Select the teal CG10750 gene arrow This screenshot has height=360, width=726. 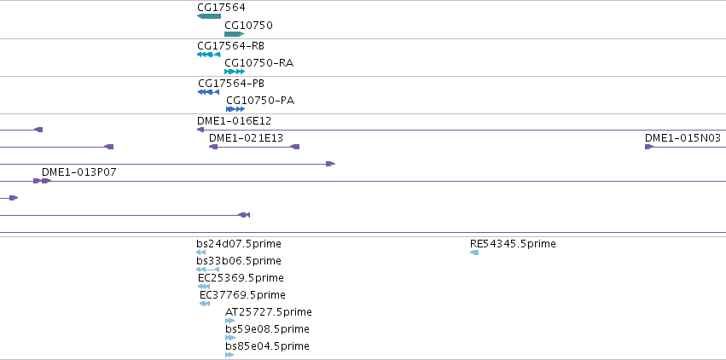click(235, 34)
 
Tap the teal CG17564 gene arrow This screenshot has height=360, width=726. click(209, 16)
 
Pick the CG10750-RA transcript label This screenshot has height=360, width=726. click(258, 63)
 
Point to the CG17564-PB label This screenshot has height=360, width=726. click(231, 84)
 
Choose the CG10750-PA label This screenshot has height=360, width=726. click(260, 101)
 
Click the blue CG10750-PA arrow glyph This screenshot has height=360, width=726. click(235, 109)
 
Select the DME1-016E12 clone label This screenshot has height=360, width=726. click(235, 121)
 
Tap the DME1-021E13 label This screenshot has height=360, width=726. click(246, 138)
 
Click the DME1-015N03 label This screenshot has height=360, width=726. click(683, 138)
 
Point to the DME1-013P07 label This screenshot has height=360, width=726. click(79, 172)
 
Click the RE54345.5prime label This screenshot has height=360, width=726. click(513, 244)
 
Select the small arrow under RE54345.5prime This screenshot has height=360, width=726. click(474, 253)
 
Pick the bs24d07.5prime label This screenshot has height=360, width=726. click(239, 244)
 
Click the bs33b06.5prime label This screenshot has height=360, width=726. click(239, 261)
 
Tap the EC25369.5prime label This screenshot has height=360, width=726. click(241, 278)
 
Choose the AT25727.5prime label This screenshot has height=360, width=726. click(269, 312)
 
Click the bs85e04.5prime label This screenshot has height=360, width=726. click(267, 346)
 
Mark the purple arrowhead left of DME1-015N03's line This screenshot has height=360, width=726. click(649, 147)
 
